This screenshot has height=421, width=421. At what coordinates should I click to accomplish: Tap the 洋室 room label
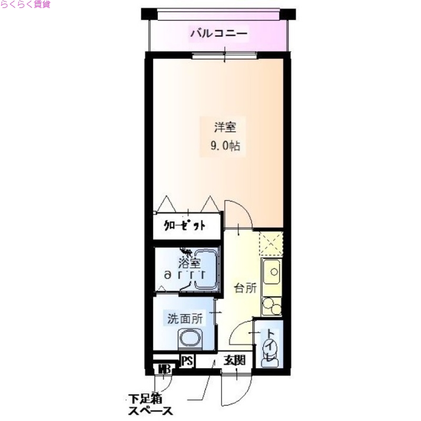click(x=225, y=127)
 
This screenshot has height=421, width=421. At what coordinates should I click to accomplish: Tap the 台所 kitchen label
click(x=245, y=288)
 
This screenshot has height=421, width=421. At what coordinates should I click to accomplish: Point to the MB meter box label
click(x=163, y=368)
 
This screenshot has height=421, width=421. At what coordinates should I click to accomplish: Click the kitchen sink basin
click(x=273, y=272)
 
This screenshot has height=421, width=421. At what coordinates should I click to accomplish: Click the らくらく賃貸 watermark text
click(x=25, y=5)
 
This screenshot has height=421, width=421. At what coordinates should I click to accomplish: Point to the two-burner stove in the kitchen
click(x=272, y=305)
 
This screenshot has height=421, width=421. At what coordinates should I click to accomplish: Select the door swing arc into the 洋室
click(x=238, y=213)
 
